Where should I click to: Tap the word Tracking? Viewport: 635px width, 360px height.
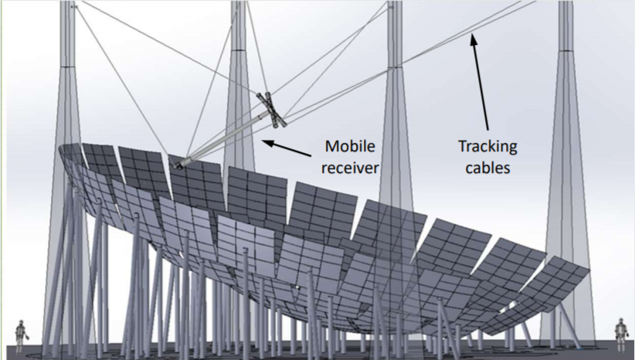tap(487, 146)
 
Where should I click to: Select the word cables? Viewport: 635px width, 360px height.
tap(487, 167)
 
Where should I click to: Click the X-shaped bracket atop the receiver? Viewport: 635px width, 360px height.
tap(272, 108)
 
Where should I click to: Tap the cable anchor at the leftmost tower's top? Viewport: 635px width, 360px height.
tap(73, 6)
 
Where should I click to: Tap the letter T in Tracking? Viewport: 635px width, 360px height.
tap(461, 145)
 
